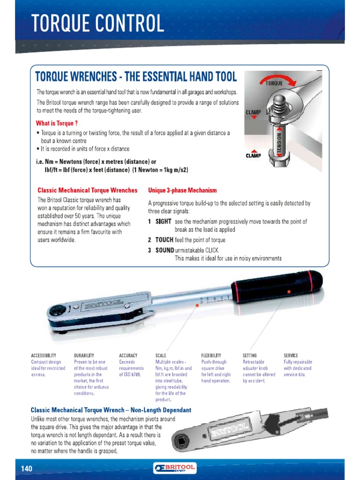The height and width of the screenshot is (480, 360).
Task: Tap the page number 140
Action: pyautogui.click(x=26, y=468)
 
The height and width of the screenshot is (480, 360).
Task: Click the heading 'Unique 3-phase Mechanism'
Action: pyautogui.click(x=182, y=190)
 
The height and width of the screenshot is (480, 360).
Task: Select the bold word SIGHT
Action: pyautogui.click(x=163, y=221)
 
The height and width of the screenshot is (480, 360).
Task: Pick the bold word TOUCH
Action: pyautogui.click(x=164, y=240)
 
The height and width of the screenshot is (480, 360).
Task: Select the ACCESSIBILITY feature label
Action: pyautogui.click(x=44, y=356)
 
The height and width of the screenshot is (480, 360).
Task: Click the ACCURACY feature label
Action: pyautogui.click(x=128, y=356)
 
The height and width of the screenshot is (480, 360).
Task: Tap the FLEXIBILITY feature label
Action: pyautogui.click(x=211, y=356)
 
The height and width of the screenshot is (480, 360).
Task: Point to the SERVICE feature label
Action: pyautogui.click(x=291, y=356)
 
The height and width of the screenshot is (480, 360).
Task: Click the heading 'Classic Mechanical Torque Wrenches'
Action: pyautogui.click(x=87, y=190)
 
